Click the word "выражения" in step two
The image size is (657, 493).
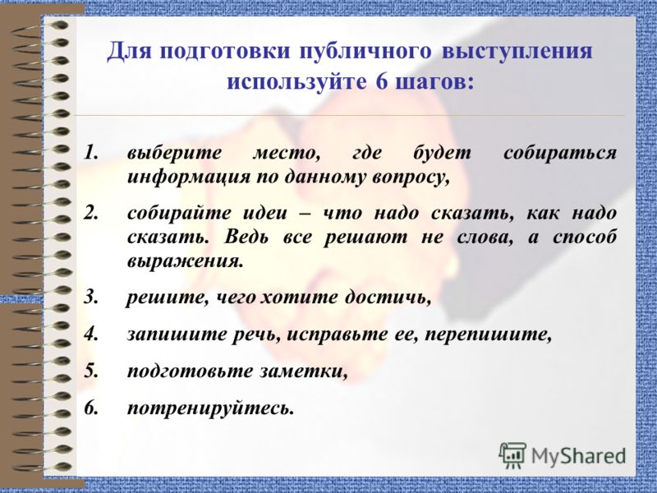tap(185, 262)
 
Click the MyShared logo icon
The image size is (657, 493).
tap(512, 454)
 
